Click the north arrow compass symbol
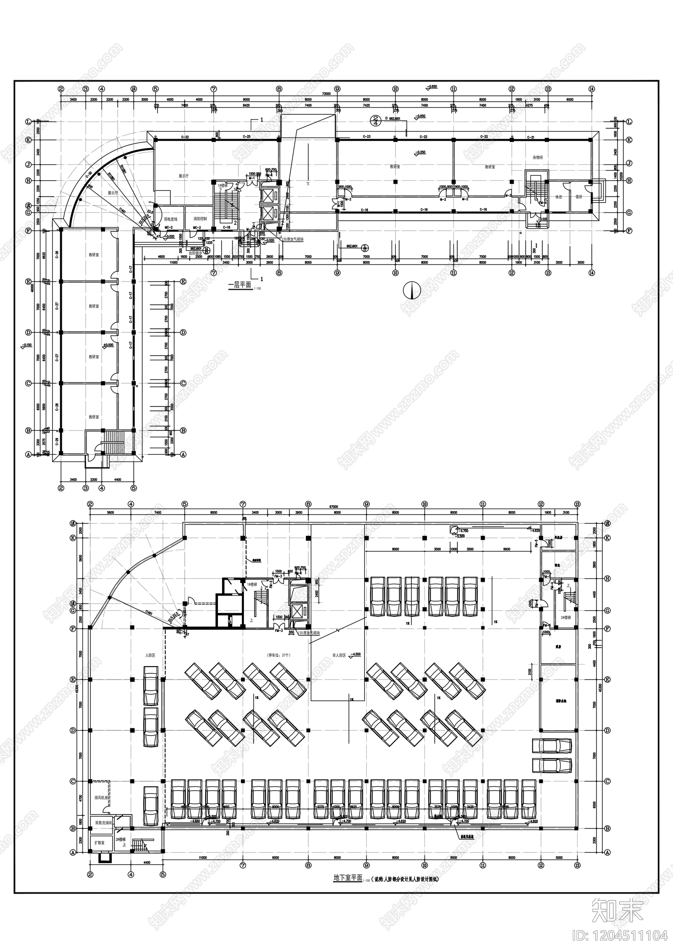click(412, 290)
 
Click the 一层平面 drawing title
click(239, 285)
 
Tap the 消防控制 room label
click(200, 219)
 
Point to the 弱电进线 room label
click(170, 219)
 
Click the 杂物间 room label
click(538, 157)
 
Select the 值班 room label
click(579, 197)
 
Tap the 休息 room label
click(559, 197)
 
